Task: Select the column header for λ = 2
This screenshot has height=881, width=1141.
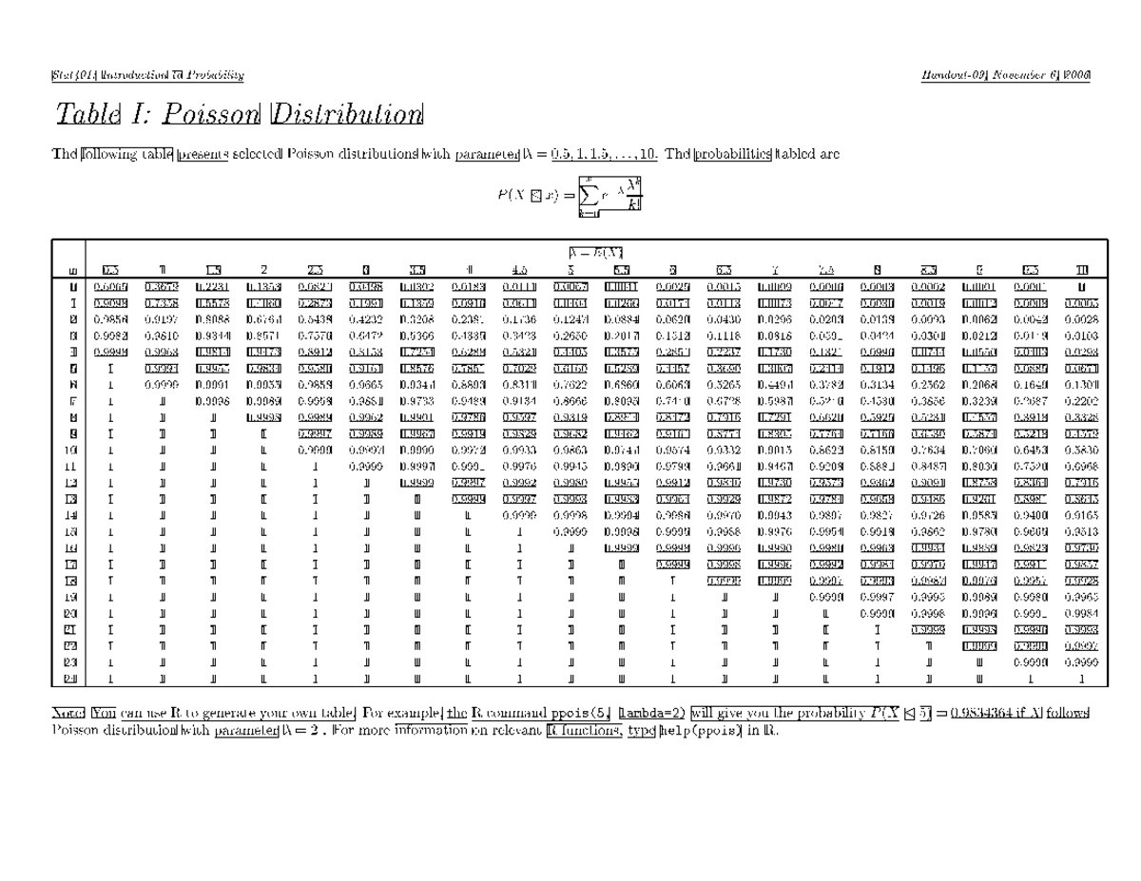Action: [x=263, y=269]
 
